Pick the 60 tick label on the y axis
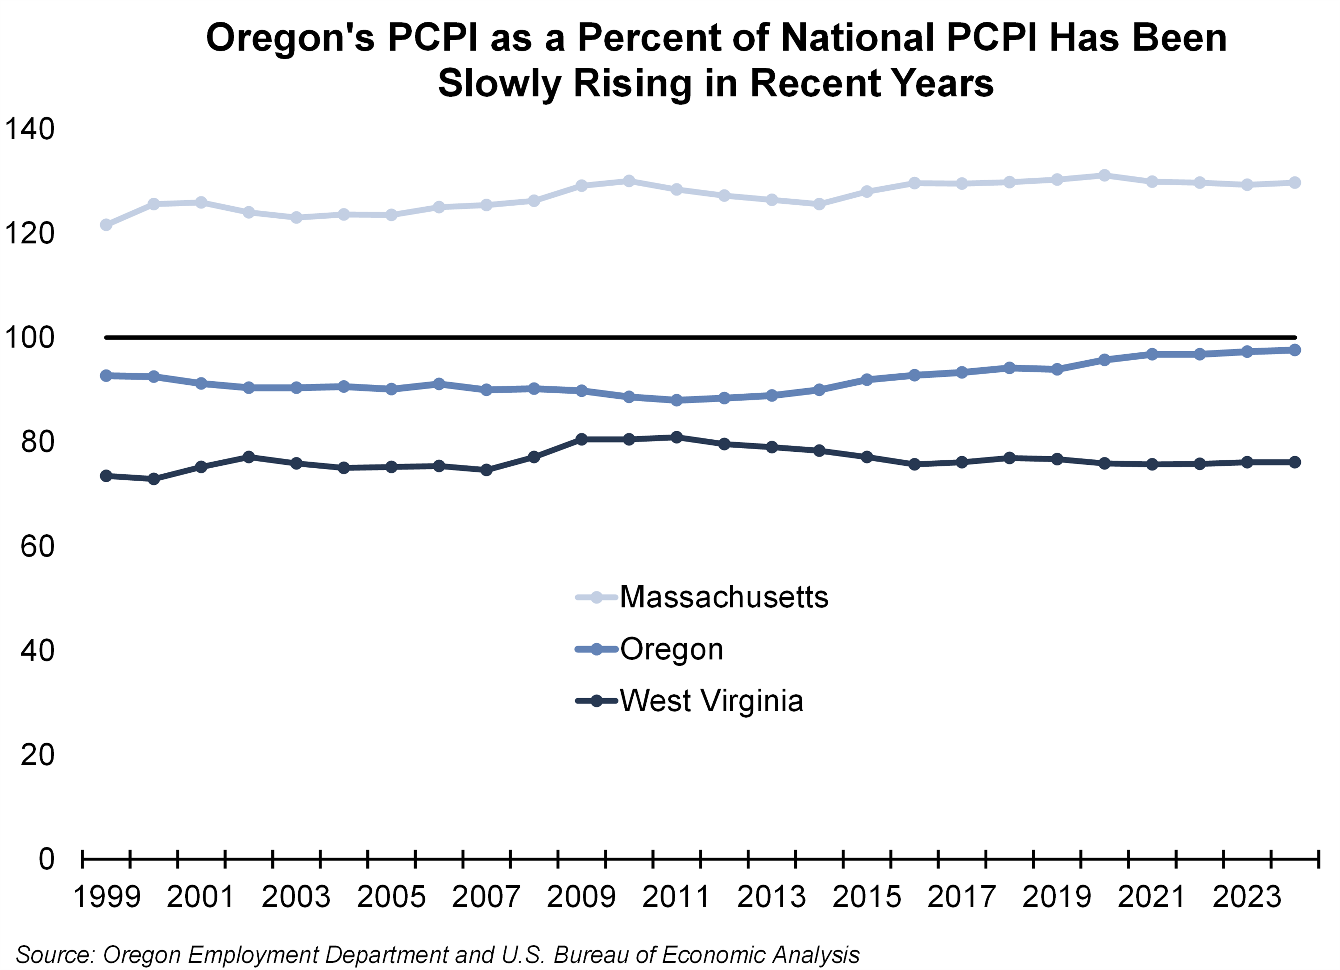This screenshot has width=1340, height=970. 37,546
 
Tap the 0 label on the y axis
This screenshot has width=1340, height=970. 46,859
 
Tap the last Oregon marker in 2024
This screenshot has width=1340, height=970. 1294,350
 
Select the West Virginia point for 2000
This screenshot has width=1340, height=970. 153,479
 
